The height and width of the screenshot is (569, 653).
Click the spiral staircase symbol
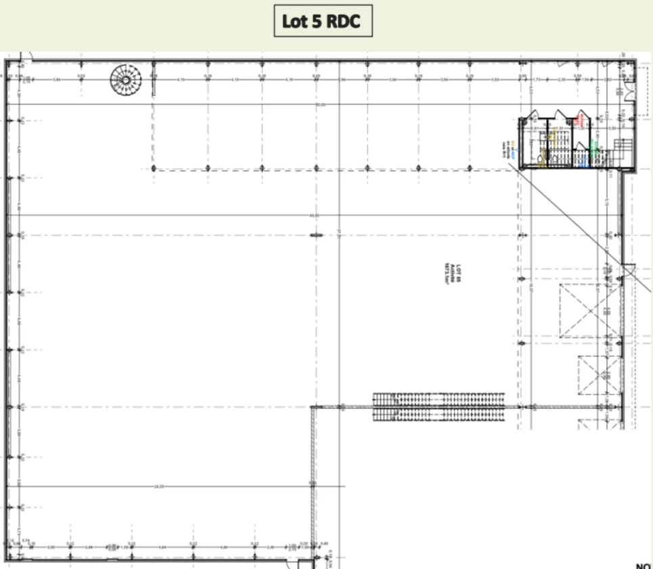(x=127, y=80)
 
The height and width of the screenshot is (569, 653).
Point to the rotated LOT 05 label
(x=458, y=275)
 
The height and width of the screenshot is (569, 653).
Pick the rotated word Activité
(x=452, y=275)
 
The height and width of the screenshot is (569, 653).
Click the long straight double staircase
(x=439, y=406)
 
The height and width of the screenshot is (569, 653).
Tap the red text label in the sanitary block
(x=581, y=121)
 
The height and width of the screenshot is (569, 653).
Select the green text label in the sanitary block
(x=592, y=149)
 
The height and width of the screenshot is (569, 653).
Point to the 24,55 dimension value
(x=159, y=486)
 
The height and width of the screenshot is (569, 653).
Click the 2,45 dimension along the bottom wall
(x=271, y=546)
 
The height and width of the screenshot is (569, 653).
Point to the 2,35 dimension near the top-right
(x=561, y=79)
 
